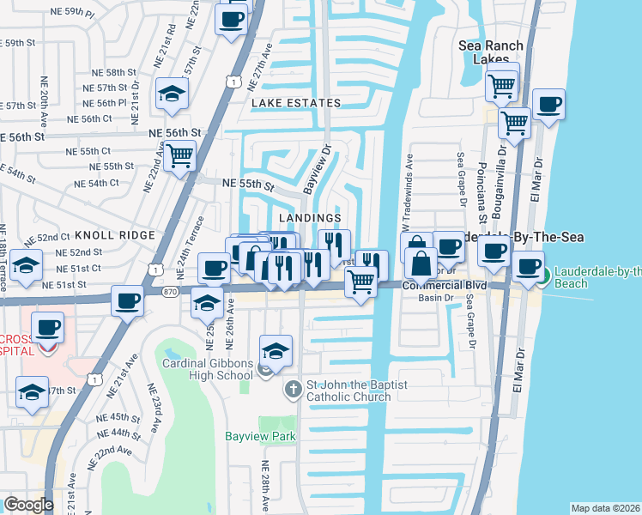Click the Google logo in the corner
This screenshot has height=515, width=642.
28,505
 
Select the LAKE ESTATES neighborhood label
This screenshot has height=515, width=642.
296,103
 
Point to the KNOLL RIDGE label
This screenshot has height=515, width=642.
114,234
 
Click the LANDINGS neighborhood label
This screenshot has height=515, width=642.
310,219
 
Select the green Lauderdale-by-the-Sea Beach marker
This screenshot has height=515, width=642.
544,276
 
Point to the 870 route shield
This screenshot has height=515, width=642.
172,292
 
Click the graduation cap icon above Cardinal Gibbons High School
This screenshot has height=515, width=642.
276,350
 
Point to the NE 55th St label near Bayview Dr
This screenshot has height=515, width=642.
247,184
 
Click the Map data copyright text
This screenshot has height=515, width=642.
605,508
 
